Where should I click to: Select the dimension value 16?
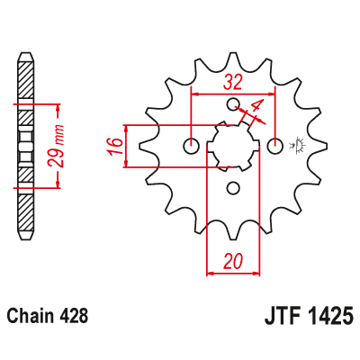tap(112, 146)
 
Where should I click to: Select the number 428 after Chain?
tap(73, 318)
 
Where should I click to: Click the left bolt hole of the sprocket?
tap(190, 146)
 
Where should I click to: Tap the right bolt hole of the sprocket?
tap(276, 146)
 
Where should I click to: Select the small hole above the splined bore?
tap(233, 104)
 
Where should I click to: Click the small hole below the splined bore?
tap(233, 188)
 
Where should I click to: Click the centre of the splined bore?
tap(233, 146)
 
